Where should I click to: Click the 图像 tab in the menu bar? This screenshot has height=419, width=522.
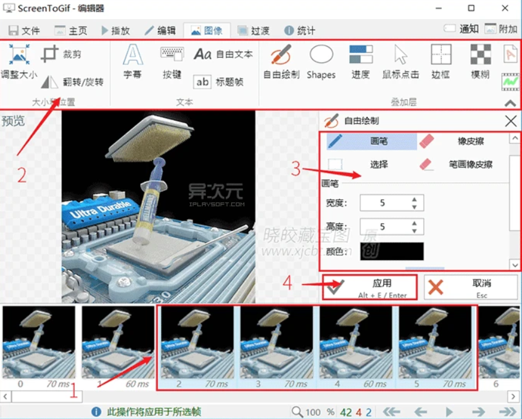[x=207, y=30]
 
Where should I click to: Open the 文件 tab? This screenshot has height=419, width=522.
[x=24, y=30]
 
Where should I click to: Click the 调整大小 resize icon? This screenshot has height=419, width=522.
[x=19, y=55]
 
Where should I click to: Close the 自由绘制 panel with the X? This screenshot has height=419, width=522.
[x=511, y=121]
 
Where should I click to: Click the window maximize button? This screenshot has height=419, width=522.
[x=471, y=9]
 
